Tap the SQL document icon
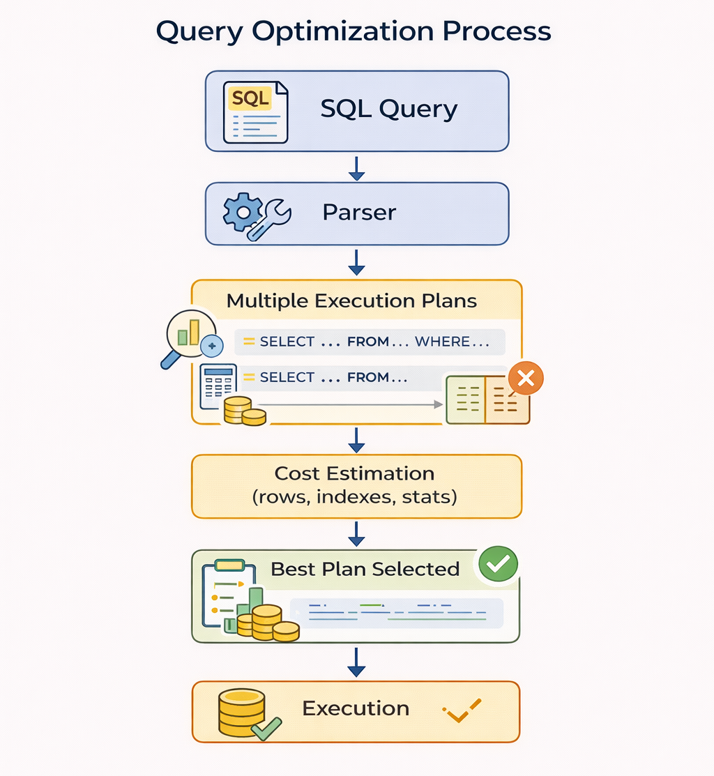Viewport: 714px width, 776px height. [x=255, y=112]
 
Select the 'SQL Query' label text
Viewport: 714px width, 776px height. [x=388, y=109]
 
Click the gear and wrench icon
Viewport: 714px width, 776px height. [x=255, y=213]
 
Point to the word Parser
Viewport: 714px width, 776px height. [x=359, y=213]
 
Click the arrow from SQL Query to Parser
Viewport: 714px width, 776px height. [x=357, y=168]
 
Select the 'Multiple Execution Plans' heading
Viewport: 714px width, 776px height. [x=351, y=301]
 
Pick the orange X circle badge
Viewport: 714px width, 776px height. [x=526, y=379]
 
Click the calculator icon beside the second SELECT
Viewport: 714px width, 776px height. [x=217, y=385]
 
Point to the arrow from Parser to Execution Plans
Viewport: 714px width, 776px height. [x=357, y=262]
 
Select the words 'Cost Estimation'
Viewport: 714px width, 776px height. [x=354, y=473]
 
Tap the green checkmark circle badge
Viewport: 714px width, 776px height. [x=498, y=563]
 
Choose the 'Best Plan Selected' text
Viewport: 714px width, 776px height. [x=365, y=569]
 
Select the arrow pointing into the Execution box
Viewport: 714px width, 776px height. [x=357, y=662]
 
